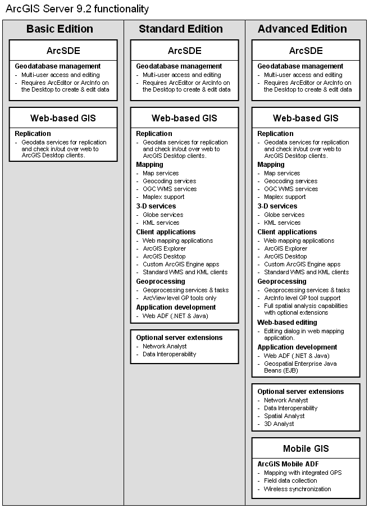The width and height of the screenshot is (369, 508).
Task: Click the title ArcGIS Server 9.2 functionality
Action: pos(77,9)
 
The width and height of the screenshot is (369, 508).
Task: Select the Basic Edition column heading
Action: pos(60,29)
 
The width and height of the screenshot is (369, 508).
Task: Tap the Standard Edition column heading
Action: pos(181,29)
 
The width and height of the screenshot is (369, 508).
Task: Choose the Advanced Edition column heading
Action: pos(302,29)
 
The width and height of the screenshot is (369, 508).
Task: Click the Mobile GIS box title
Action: pos(306,448)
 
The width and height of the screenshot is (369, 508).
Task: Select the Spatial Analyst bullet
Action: pos(284,416)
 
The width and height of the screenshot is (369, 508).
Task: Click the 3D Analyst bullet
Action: pos(279,424)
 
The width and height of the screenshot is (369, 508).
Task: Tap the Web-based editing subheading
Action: pos(287,323)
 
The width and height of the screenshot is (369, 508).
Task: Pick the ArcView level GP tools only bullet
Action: pos(180,298)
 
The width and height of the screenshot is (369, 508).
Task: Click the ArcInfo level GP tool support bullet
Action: pos(302,298)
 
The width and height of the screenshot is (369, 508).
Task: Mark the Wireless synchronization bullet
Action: pos(298,489)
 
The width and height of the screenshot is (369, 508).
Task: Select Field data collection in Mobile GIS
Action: pos(290,480)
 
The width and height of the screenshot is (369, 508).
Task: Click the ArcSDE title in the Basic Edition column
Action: pos(63,51)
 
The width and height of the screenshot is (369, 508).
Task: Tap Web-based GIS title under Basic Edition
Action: pos(63,118)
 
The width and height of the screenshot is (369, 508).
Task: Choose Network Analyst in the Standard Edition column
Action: pos(165,346)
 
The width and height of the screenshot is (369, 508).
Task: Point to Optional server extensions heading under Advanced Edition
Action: pos(300,392)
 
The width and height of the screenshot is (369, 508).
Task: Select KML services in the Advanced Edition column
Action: pos(283,223)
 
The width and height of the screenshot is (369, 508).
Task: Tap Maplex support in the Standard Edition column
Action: pos(163,197)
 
